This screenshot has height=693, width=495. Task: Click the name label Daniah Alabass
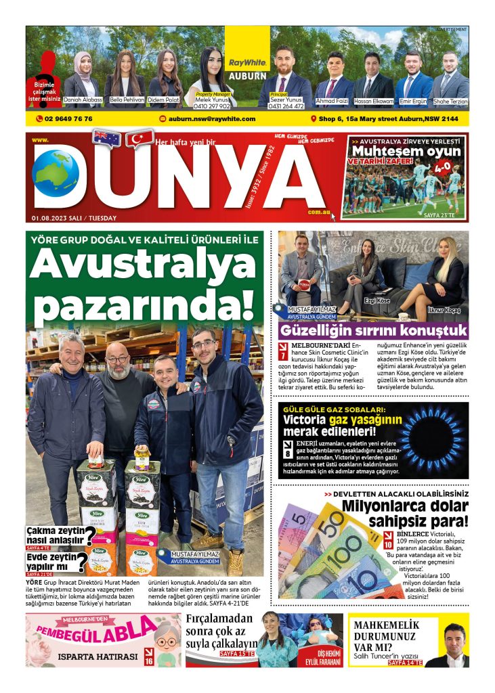[83, 100]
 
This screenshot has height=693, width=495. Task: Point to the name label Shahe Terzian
[450, 102]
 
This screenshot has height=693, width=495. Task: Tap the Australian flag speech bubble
[106, 137]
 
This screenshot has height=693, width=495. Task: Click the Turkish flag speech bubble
[140, 139]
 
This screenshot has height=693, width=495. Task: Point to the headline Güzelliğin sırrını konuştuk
[373, 331]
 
